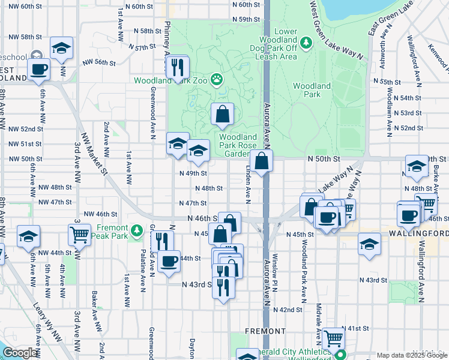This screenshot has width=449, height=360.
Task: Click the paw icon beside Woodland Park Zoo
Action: click(x=216, y=79)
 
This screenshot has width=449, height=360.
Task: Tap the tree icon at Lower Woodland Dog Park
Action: click(x=306, y=42)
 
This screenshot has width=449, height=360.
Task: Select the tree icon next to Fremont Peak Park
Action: click(x=137, y=230)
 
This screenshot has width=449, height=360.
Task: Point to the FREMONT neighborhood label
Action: click(x=265, y=331)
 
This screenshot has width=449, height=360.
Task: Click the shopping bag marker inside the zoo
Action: click(x=222, y=113)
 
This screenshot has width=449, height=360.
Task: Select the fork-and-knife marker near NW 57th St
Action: click(x=177, y=67)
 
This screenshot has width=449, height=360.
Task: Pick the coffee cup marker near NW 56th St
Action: click(x=39, y=69)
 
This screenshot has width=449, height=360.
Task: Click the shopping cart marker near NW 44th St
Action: click(x=80, y=234)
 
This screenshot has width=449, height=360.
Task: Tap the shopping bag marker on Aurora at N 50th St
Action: click(x=262, y=161)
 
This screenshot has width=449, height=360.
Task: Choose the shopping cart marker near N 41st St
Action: click(x=333, y=338)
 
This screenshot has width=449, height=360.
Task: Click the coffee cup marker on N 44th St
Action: click(x=170, y=261)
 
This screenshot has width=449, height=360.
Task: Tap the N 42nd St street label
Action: click(x=287, y=310)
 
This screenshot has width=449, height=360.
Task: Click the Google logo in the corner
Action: click(x=20, y=353)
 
